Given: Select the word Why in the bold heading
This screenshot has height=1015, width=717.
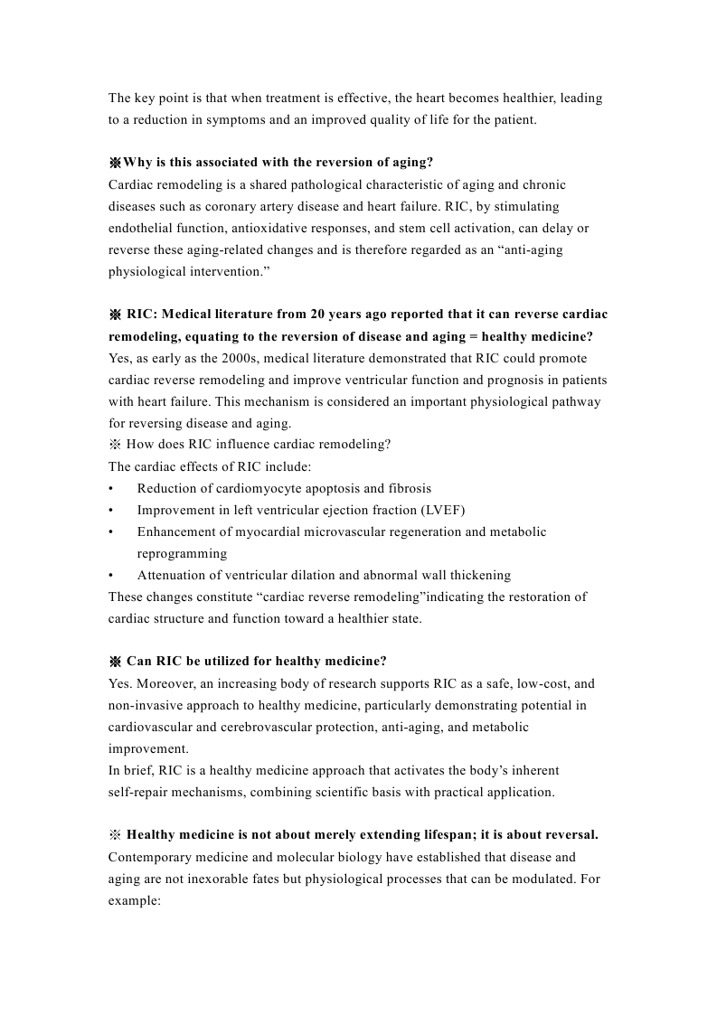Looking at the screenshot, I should tap(137, 163).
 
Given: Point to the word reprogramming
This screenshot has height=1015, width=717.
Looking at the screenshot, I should tap(182, 553).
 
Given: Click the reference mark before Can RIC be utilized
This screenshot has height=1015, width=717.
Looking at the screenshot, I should tap(115, 662).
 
